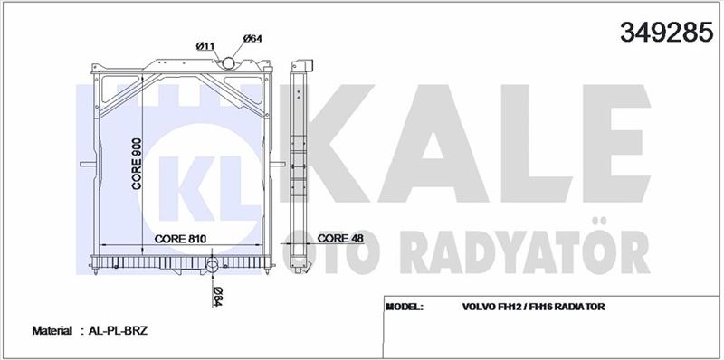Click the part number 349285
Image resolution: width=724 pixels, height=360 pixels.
coord(666,32)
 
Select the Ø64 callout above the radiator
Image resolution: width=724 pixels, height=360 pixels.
coord(252,39)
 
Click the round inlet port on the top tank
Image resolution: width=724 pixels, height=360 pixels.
coord(228,63)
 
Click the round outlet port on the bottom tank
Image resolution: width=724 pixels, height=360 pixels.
coord(212,266)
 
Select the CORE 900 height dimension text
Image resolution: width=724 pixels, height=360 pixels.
coord(137,164)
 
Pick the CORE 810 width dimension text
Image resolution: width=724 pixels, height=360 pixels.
coord(180,239)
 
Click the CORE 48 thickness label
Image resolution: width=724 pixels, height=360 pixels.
coord(341,238)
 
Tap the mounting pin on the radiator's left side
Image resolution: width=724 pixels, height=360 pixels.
coord(86,164)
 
